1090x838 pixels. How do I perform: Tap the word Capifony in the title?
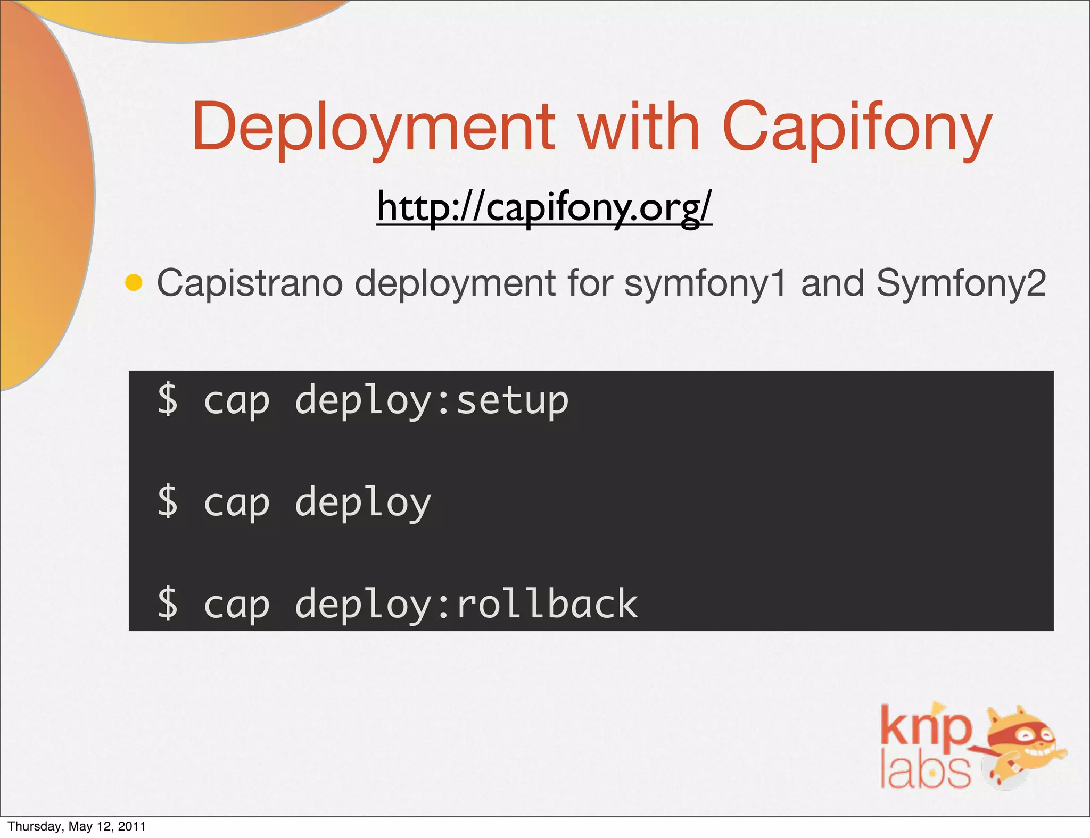point(856,128)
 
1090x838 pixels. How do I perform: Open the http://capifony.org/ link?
point(544,208)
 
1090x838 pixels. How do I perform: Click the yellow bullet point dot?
point(134,283)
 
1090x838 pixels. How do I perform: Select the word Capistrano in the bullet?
point(250,283)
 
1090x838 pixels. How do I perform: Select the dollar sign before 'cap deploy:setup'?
point(168,400)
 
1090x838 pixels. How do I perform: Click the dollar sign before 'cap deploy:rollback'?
point(168,604)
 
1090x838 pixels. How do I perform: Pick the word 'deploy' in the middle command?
point(363,503)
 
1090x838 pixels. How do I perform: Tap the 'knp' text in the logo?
point(925,727)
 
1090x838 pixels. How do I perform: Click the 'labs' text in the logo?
point(925,771)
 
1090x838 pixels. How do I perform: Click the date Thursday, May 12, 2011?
point(77,826)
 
